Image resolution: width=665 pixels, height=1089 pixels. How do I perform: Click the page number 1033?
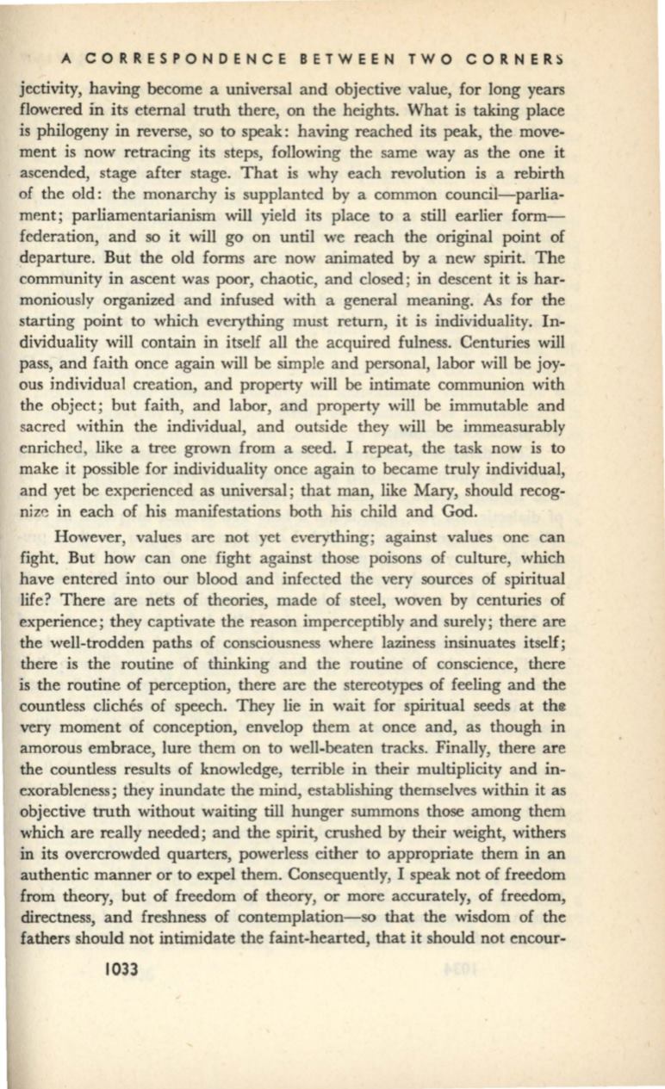pyautogui.click(x=119, y=968)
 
